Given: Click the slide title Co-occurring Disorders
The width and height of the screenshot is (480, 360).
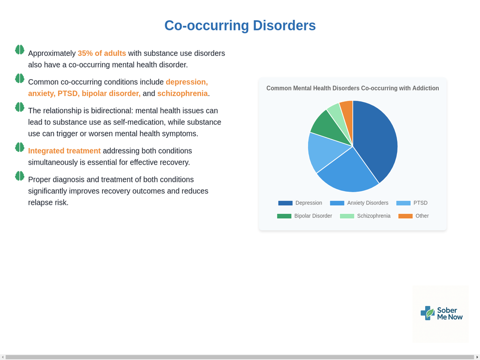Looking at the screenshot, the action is click(x=240, y=25).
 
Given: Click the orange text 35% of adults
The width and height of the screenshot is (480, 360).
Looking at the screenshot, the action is click(x=102, y=53).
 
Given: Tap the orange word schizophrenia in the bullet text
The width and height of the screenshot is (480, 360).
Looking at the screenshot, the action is click(x=182, y=93).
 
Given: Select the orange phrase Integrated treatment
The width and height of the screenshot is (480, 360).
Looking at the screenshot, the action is click(x=64, y=151).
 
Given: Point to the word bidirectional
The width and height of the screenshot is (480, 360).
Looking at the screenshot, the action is click(x=111, y=111).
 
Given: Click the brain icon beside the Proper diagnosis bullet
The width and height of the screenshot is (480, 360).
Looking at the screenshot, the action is click(x=20, y=176).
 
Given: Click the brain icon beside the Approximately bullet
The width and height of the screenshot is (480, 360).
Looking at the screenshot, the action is click(x=20, y=50).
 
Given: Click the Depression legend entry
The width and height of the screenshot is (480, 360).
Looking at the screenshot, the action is click(x=300, y=203).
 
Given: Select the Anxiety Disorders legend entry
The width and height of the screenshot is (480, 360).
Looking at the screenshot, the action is click(x=359, y=203).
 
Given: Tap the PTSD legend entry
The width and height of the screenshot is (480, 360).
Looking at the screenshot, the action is click(x=412, y=203).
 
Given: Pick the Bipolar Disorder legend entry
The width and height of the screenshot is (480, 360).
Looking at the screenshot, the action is click(x=304, y=216).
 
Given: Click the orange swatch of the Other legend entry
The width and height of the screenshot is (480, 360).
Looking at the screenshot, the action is click(x=405, y=216).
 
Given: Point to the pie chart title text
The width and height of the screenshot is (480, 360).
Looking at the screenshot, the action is click(x=352, y=88).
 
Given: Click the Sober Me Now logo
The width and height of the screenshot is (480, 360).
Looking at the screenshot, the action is click(x=442, y=313).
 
